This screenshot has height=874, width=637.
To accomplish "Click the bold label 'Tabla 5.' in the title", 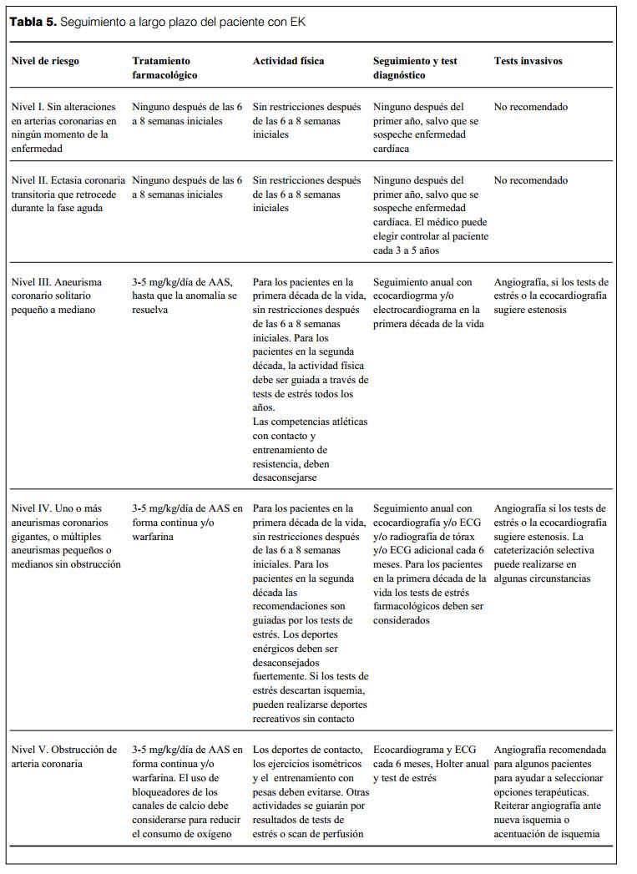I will click(33, 23).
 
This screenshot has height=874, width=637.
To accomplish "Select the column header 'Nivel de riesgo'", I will click(45, 61).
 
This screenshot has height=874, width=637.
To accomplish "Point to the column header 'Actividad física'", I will click(289, 61).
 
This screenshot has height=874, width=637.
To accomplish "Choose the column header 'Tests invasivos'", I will click(528, 61).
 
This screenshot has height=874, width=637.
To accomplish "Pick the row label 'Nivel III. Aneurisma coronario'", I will click(58, 296).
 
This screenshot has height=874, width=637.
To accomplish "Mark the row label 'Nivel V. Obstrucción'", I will click(64, 756).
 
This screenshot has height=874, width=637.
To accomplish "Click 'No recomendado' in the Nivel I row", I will click(531, 108).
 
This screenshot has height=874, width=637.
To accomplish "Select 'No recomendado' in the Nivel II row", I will click(531, 180).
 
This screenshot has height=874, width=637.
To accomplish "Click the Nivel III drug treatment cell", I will click(185, 296).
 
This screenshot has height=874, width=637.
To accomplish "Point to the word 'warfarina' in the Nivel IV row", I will click(152, 537).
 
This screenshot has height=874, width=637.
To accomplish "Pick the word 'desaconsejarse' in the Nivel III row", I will click(286, 478).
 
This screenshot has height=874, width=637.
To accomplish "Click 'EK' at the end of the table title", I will click(298, 23).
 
